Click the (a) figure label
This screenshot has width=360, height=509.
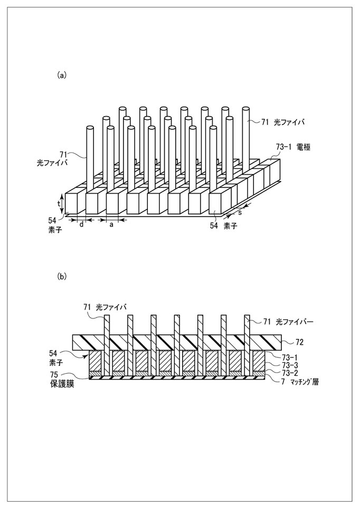click(x=62, y=76)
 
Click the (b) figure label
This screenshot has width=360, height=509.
click(x=62, y=276)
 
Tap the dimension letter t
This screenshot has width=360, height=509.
click(x=59, y=204)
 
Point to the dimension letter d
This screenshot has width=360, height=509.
click(x=81, y=224)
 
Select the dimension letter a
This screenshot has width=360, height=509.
click(x=111, y=225)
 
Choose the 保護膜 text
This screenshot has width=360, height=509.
click(x=62, y=384)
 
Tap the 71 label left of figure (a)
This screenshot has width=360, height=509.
click(x=64, y=154)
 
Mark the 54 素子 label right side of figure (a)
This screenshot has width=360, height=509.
click(x=223, y=226)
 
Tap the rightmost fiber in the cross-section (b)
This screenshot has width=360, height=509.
click(x=247, y=344)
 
